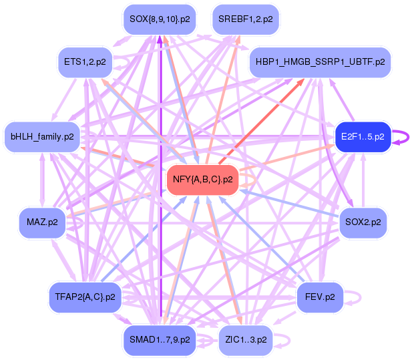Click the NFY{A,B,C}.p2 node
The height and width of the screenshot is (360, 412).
202,180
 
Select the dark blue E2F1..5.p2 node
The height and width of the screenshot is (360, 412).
363,137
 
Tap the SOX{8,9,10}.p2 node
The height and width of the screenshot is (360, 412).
160,19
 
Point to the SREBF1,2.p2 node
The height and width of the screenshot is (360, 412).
246,19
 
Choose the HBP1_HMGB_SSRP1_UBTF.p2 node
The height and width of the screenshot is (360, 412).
320,62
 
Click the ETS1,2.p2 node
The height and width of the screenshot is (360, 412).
85,62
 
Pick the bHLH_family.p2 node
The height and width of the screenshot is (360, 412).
42,137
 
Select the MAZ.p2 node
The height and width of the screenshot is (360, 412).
42,223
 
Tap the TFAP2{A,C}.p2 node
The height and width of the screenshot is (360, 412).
85,297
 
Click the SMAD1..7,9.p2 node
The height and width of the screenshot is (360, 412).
160,340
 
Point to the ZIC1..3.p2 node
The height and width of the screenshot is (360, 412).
246,340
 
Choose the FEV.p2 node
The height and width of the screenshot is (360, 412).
320,297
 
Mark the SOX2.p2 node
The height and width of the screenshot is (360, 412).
363,223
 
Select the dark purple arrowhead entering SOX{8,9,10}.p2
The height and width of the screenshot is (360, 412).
160,39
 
